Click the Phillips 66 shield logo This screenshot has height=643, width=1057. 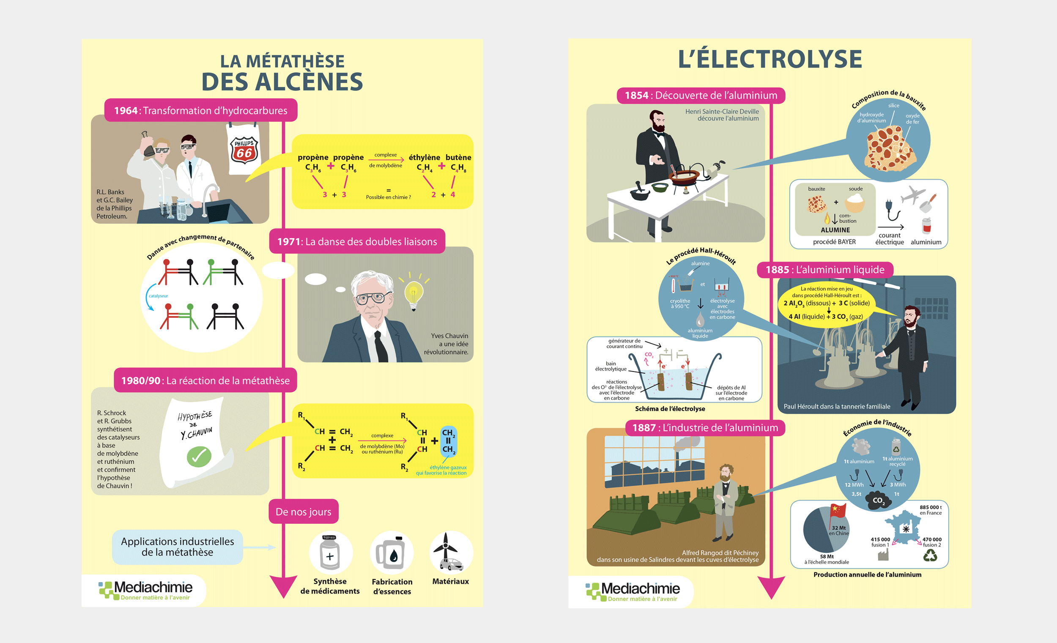coord(244,150)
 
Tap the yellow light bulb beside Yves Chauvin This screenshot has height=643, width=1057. coord(413,294)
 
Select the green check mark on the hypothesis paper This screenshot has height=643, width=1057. coord(199,457)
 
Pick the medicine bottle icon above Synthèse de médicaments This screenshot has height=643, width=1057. coord(330,553)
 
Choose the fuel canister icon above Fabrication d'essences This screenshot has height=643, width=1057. coord(391,553)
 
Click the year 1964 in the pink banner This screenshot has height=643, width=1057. coord(126,111)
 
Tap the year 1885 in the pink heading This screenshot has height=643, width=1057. coord(777,270)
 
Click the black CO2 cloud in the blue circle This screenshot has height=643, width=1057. coord(877,500)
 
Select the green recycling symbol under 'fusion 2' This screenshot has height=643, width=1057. coord(930,556)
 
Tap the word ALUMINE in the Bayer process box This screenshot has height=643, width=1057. coord(835,230)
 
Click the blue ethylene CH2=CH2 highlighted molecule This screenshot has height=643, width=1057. coord(448,441)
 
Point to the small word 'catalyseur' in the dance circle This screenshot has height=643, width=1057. coord(158,296)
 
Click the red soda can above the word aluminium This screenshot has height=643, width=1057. coord(927,225)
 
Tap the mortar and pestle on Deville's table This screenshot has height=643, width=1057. coord(640,192)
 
